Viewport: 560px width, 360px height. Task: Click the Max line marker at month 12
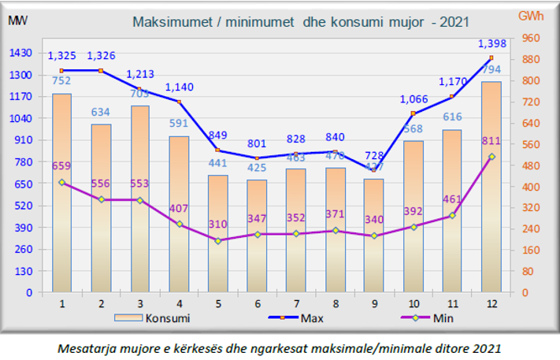pyautogui.click(x=491, y=58)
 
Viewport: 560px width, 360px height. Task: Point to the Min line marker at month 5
pyautogui.click(x=218, y=240)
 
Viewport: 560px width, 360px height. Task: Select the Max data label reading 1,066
pyautogui.click(x=414, y=98)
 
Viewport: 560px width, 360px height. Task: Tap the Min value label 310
pyautogui.click(x=218, y=224)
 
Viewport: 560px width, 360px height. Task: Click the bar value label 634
pyautogui.click(x=100, y=112)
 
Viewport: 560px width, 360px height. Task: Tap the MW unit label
pyautogui.click(x=17, y=20)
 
